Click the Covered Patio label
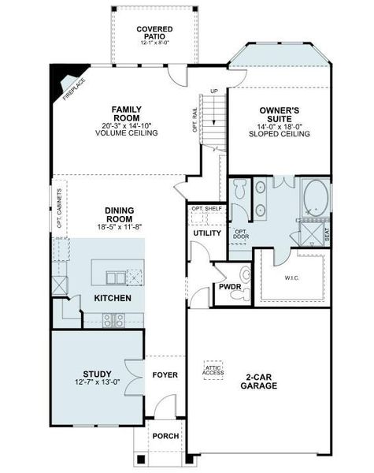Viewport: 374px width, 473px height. [x=154, y=33]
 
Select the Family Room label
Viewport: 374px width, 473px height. [x=127, y=114]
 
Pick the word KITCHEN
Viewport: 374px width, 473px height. [x=113, y=298]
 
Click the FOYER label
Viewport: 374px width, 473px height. [x=165, y=374]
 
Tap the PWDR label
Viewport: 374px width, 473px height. [x=229, y=288]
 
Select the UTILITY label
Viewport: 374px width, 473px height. [x=206, y=233]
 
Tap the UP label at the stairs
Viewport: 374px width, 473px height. [x=213, y=92]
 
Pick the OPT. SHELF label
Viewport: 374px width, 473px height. [x=207, y=208]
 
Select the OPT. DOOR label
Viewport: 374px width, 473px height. [x=241, y=234]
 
